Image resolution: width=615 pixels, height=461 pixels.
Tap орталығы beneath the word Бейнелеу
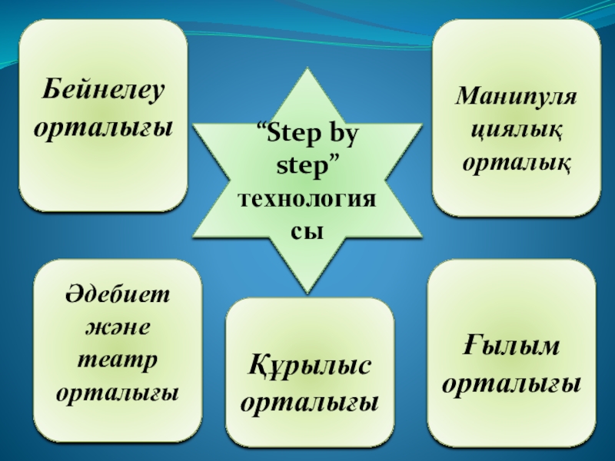(103, 127)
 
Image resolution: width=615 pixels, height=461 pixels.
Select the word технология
(307, 199)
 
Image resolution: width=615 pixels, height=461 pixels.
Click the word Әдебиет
(118, 296)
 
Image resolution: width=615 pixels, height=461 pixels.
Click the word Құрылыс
(309, 363)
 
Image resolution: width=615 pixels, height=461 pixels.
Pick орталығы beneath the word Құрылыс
(309, 400)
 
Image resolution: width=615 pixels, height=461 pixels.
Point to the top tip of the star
(307, 70)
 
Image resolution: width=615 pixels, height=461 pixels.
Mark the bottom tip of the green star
(307, 292)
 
